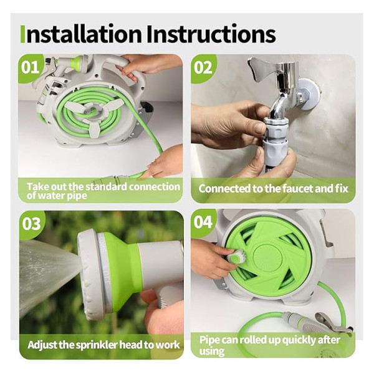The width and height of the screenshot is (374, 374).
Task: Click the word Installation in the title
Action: tap(81, 34)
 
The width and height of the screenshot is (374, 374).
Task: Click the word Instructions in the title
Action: tap(211, 34)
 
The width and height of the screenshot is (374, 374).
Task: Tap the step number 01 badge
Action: tap(30, 67)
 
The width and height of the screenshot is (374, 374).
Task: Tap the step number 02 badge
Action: tap(203, 67)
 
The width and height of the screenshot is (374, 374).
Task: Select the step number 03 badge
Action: tap(32, 224)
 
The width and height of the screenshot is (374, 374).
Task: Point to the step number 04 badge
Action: tap(203, 222)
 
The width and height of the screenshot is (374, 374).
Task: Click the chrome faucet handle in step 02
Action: tap(262, 69)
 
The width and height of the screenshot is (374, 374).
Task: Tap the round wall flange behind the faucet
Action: tap(308, 93)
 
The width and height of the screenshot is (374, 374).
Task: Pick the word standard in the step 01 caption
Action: tap(106, 186)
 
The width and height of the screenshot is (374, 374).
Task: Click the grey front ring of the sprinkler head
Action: tap(90, 274)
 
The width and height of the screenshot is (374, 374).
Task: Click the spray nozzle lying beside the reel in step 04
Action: tap(317, 323)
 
